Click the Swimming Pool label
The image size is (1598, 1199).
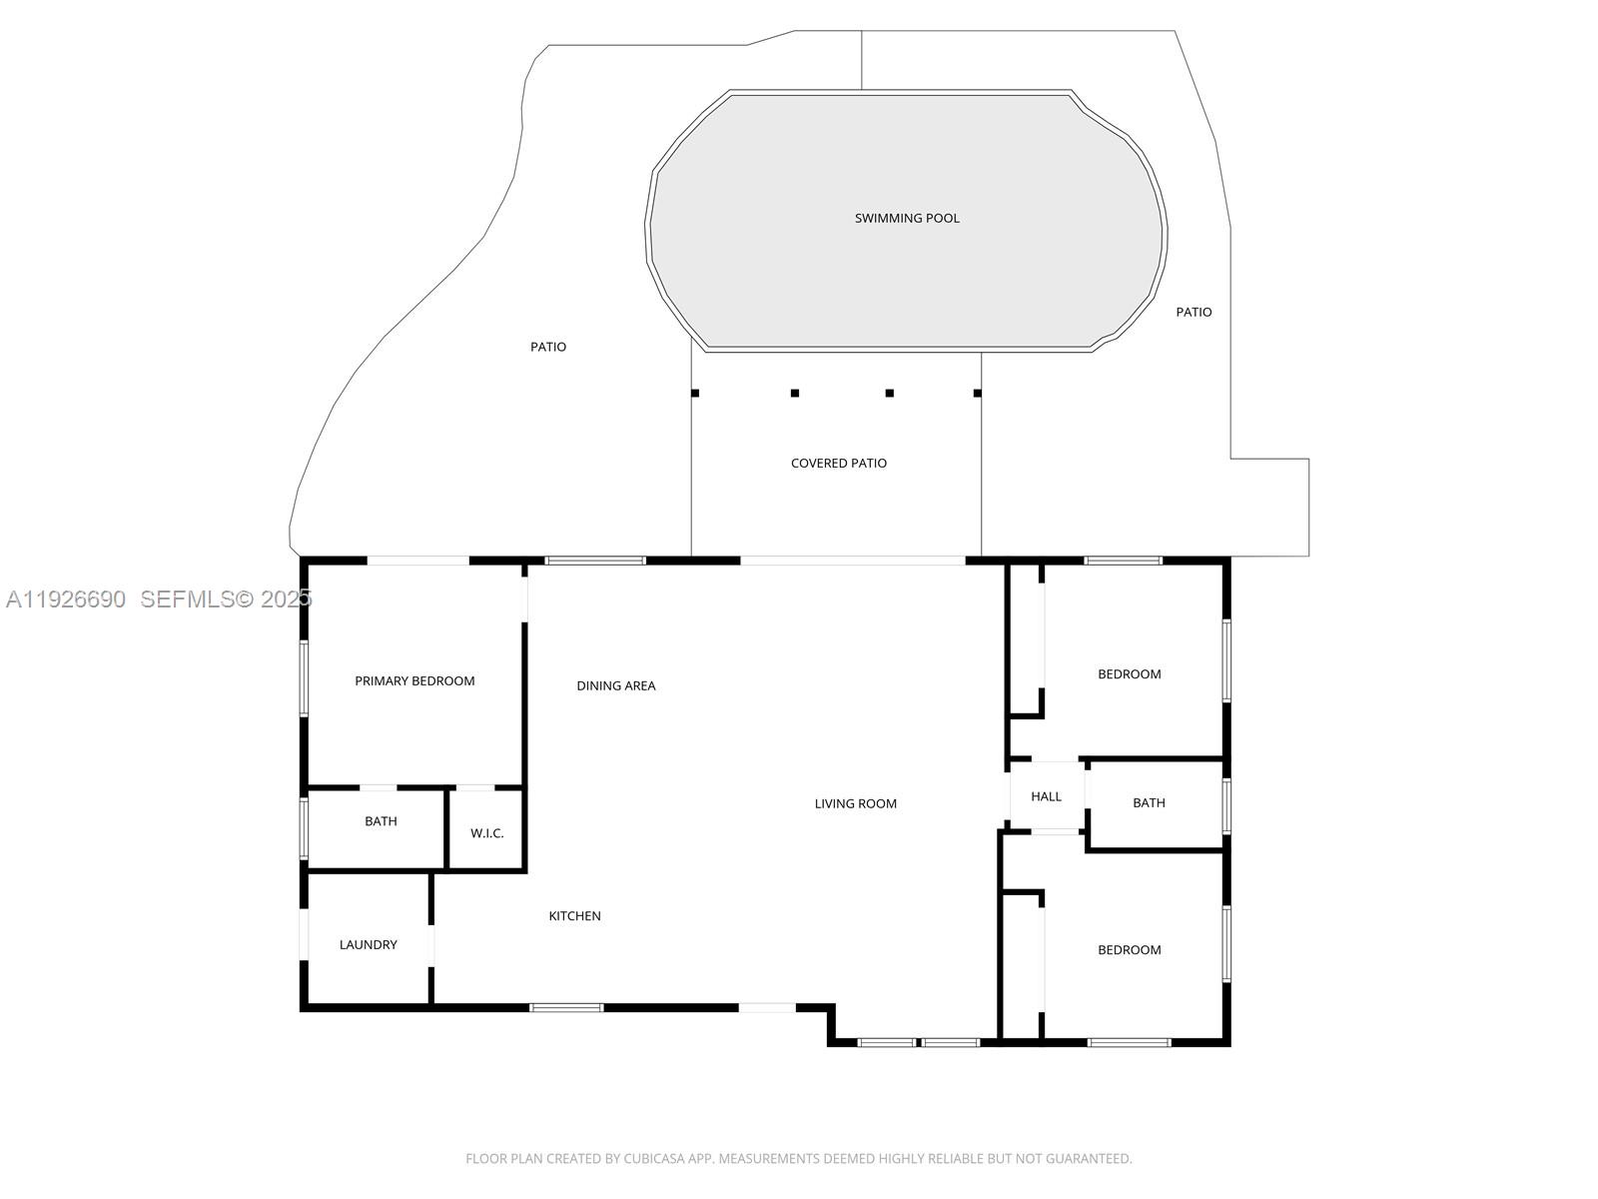[907, 218]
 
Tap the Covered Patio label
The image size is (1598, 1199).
[838, 463]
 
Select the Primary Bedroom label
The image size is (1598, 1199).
[414, 680]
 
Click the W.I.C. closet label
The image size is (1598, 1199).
[486, 833]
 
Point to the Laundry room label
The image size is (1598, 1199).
[368, 944]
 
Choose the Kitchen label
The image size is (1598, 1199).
[574, 915]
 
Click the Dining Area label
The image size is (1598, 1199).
[615, 685]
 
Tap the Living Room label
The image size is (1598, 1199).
[855, 803]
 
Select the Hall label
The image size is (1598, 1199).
[1046, 796]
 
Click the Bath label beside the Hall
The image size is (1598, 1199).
[1149, 802]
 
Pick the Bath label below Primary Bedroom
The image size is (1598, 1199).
[381, 821]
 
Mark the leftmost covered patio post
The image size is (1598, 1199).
[695, 393]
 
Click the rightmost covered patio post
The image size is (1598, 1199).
[977, 393]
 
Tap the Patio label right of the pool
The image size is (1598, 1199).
[1193, 312]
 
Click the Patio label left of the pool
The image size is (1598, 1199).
[547, 347]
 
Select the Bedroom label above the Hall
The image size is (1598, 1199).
[1129, 674]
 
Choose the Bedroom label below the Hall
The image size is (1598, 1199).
[1129, 950]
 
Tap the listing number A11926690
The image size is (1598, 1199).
[66, 599]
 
